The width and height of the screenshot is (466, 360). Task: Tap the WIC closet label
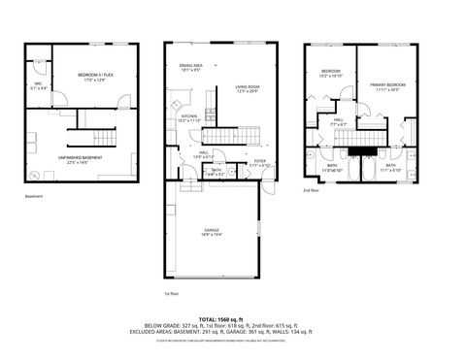pyautogui.click(x=39, y=83)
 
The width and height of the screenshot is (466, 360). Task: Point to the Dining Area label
pyautogui.click(x=190, y=65)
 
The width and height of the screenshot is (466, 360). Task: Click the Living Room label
pyautogui.click(x=246, y=87)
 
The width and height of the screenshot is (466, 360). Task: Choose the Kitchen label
pyautogui.click(x=188, y=116)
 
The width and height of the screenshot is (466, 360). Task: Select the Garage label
pyautogui.click(x=212, y=230)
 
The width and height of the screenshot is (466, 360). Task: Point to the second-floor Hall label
pyautogui.click(x=338, y=120)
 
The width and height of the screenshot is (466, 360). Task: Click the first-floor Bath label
pyautogui.click(x=216, y=171)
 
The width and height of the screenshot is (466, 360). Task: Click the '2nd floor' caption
pyautogui.click(x=312, y=190)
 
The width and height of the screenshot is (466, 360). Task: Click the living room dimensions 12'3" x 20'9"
pyautogui.click(x=246, y=92)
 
